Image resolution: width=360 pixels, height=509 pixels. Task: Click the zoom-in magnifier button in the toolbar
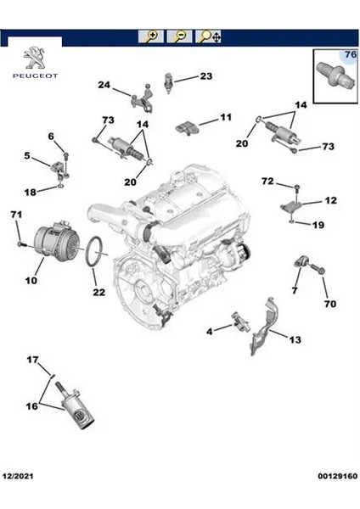coord(150,36)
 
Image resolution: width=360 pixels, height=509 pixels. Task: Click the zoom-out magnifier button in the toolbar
coord(179,36)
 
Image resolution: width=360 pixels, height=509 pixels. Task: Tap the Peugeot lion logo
coord(35,58)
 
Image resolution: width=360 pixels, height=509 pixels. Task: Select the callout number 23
coord(206,76)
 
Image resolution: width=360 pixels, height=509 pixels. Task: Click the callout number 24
coord(104,85)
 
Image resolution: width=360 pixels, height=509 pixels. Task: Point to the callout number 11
coord(226,117)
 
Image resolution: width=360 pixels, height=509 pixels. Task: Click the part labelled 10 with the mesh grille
coord(57,241)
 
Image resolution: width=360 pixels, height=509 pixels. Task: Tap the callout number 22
coord(99,292)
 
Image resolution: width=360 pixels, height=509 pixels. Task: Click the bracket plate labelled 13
coord(264,327)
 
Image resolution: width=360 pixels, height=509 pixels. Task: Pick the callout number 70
coord(330,304)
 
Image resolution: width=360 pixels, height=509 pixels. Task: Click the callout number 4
coord(210,332)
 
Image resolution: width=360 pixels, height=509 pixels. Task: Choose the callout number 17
coord(32,360)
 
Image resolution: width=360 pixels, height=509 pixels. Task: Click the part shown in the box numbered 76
coord(335,75)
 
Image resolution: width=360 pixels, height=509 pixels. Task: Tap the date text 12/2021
coord(18,476)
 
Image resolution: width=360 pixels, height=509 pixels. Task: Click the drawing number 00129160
coord(338,476)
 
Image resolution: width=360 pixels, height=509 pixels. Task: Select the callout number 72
coord(268,181)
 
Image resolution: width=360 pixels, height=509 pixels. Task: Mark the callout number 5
coord(27,155)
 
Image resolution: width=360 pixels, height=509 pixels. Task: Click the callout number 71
coord(16,215)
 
